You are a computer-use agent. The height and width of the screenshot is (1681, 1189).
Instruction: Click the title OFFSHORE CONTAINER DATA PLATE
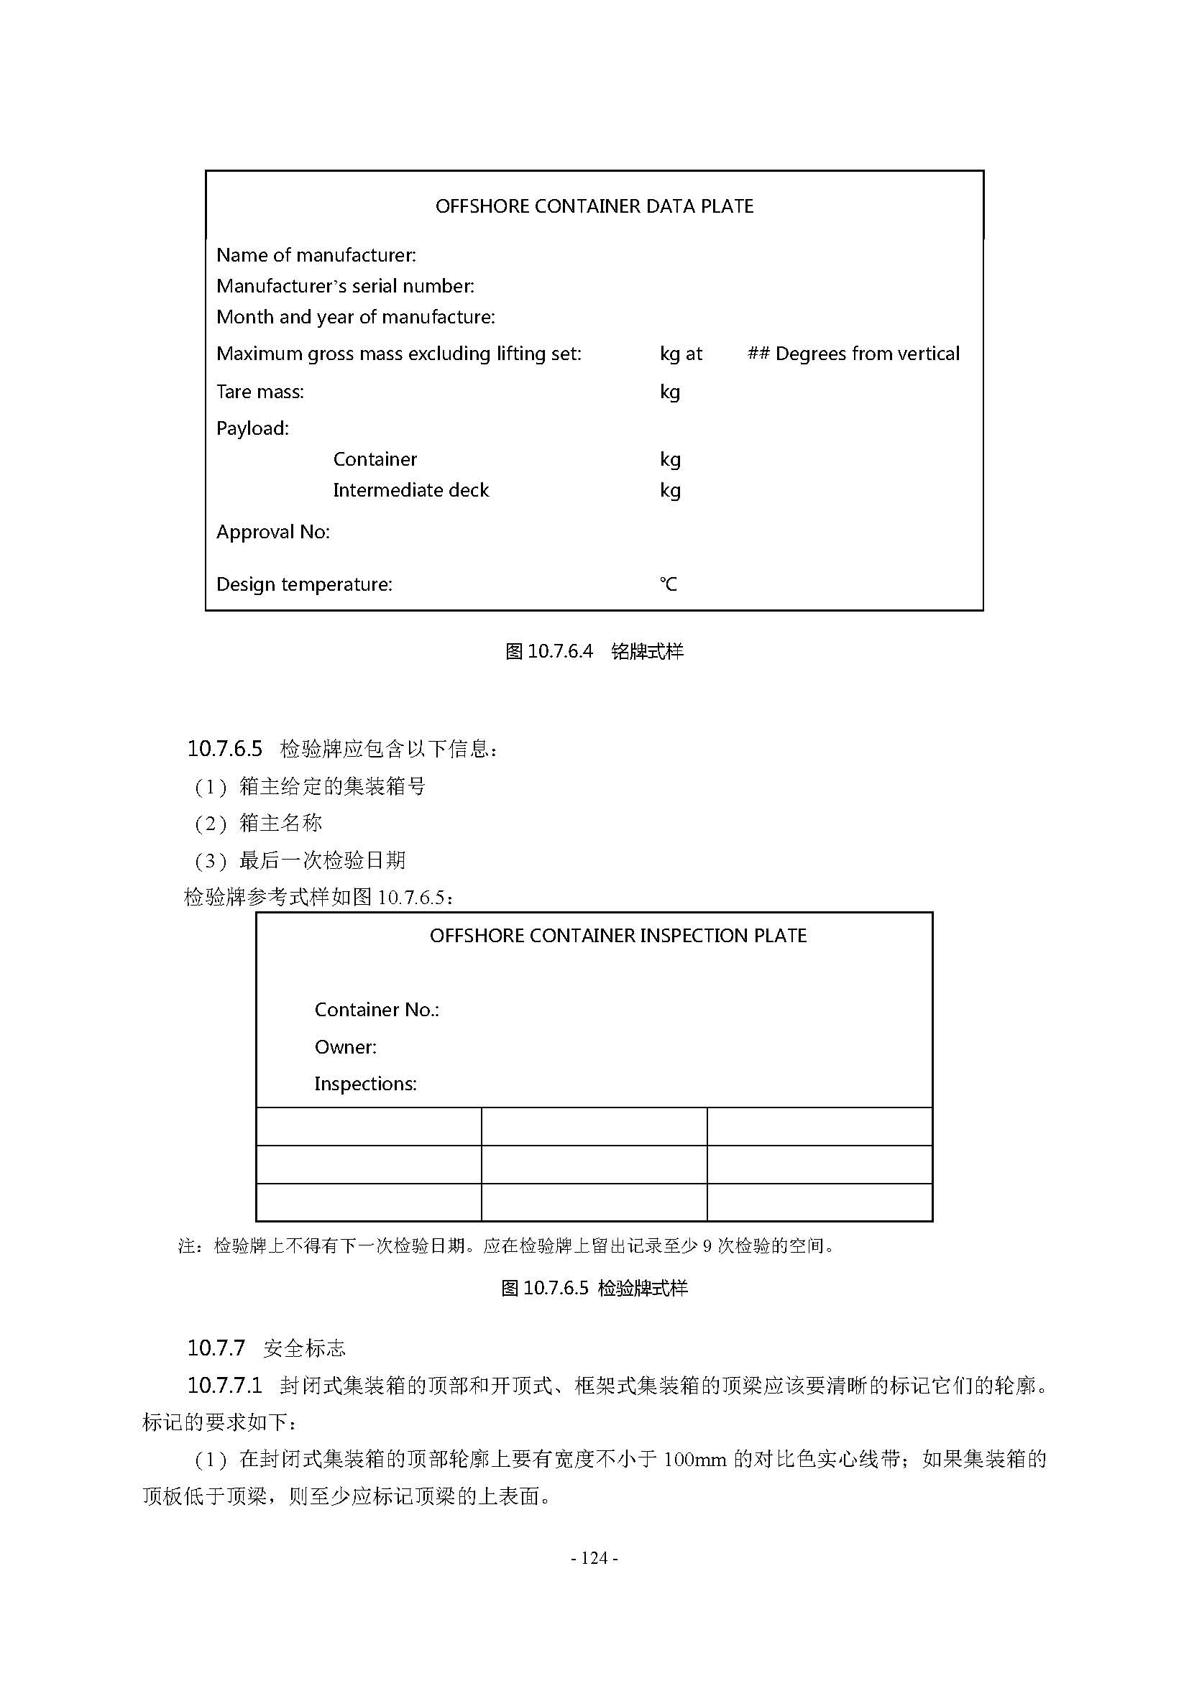coord(594,206)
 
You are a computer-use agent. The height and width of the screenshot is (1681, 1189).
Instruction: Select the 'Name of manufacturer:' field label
coord(316,255)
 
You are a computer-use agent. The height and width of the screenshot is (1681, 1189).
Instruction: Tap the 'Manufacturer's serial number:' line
coord(345,285)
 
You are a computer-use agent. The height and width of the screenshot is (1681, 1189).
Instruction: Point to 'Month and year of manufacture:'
coord(356,317)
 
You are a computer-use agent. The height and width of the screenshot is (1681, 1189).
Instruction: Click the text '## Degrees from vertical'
coord(853,354)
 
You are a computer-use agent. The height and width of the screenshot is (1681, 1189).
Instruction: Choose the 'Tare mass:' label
coord(260,392)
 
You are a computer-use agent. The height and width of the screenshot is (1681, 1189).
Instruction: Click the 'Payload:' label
coord(252,428)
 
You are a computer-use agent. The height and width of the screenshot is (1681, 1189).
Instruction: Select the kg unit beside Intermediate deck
coord(670,491)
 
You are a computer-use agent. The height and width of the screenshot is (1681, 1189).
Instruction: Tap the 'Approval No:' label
coord(273,533)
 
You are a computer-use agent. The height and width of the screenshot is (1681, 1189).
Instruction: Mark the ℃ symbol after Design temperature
coord(668,584)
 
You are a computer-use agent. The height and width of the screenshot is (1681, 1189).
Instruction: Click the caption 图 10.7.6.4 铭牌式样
coord(594,652)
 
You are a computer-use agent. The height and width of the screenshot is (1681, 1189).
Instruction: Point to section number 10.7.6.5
coord(224,749)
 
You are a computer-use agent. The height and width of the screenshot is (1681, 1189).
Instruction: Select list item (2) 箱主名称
coord(259,824)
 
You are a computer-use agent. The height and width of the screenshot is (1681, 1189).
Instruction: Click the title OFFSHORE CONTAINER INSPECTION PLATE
coord(618,936)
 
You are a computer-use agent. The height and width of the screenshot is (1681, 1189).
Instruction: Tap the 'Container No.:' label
coord(376,1010)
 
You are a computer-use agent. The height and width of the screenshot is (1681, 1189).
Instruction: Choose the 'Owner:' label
coord(346,1047)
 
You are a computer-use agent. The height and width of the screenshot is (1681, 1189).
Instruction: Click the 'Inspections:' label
coord(365,1084)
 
